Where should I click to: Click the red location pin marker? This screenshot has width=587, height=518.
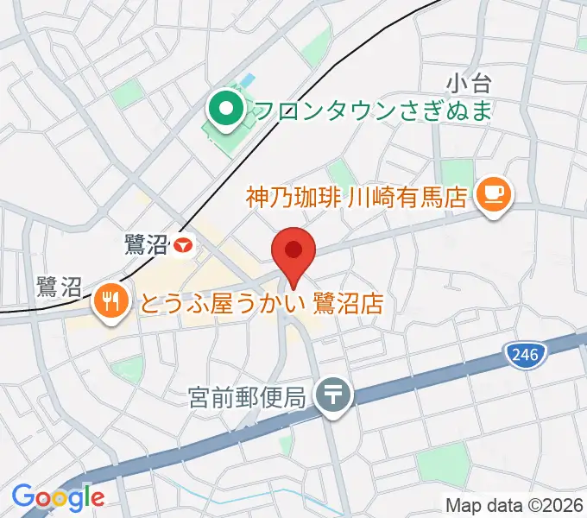[293, 251]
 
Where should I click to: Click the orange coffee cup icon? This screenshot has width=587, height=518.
[494, 193]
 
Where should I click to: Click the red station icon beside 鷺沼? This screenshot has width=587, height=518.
[182, 246]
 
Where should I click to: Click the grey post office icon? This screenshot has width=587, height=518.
[332, 396]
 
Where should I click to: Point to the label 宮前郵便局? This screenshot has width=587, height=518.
[247, 398]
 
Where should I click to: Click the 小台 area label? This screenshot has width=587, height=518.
[469, 84]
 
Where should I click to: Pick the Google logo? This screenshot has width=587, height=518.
[58, 496]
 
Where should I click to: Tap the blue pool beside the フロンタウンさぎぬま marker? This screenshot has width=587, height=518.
[249, 80]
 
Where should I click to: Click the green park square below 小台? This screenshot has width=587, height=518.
[458, 172]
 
